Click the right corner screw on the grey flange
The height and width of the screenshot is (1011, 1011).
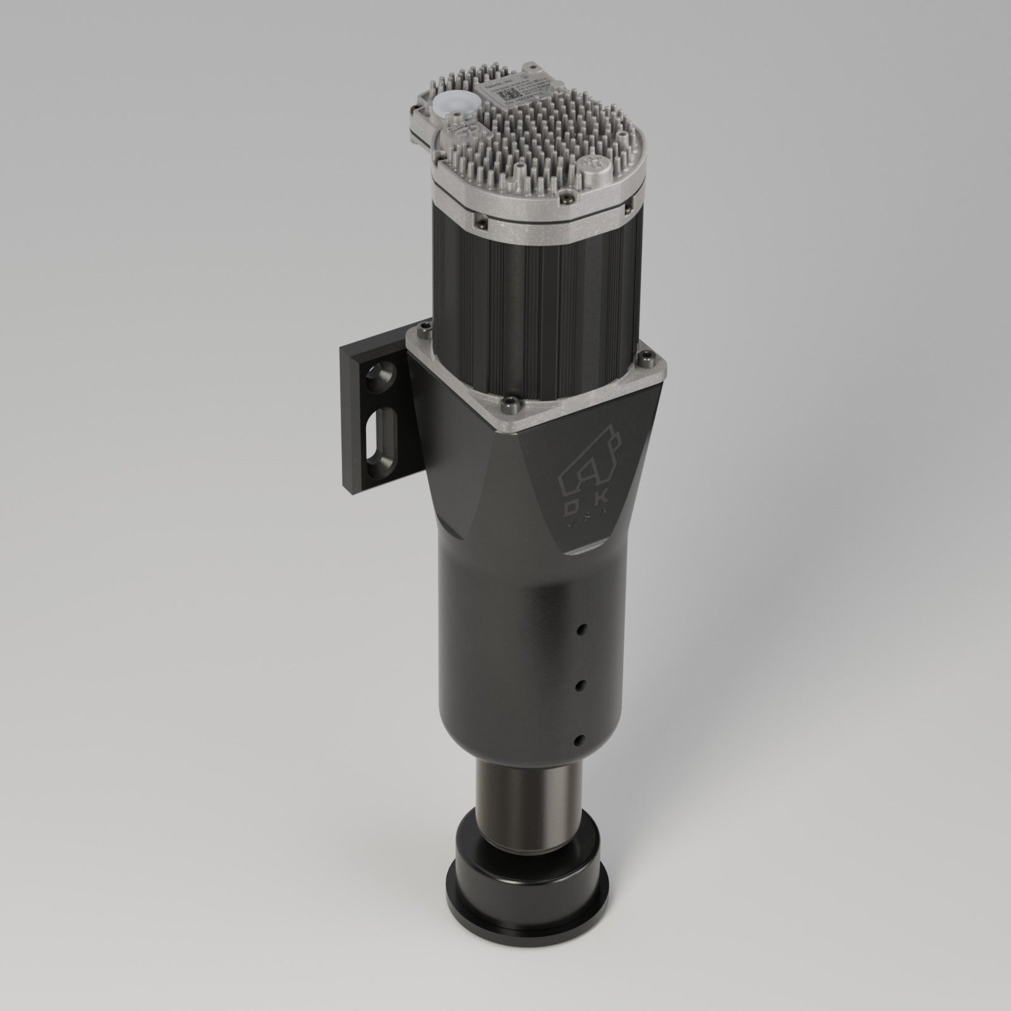coord(650,357)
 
